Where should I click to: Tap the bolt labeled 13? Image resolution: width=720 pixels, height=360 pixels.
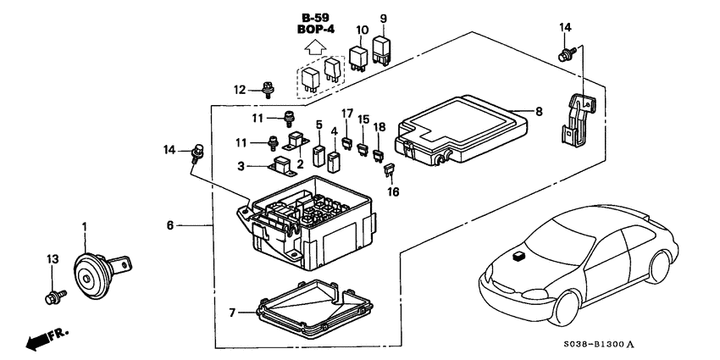pyautogui.click(x=52, y=297)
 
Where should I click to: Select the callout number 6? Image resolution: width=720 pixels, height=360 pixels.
pyautogui.click(x=170, y=225)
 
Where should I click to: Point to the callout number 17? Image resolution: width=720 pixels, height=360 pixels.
pyautogui.click(x=347, y=114)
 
